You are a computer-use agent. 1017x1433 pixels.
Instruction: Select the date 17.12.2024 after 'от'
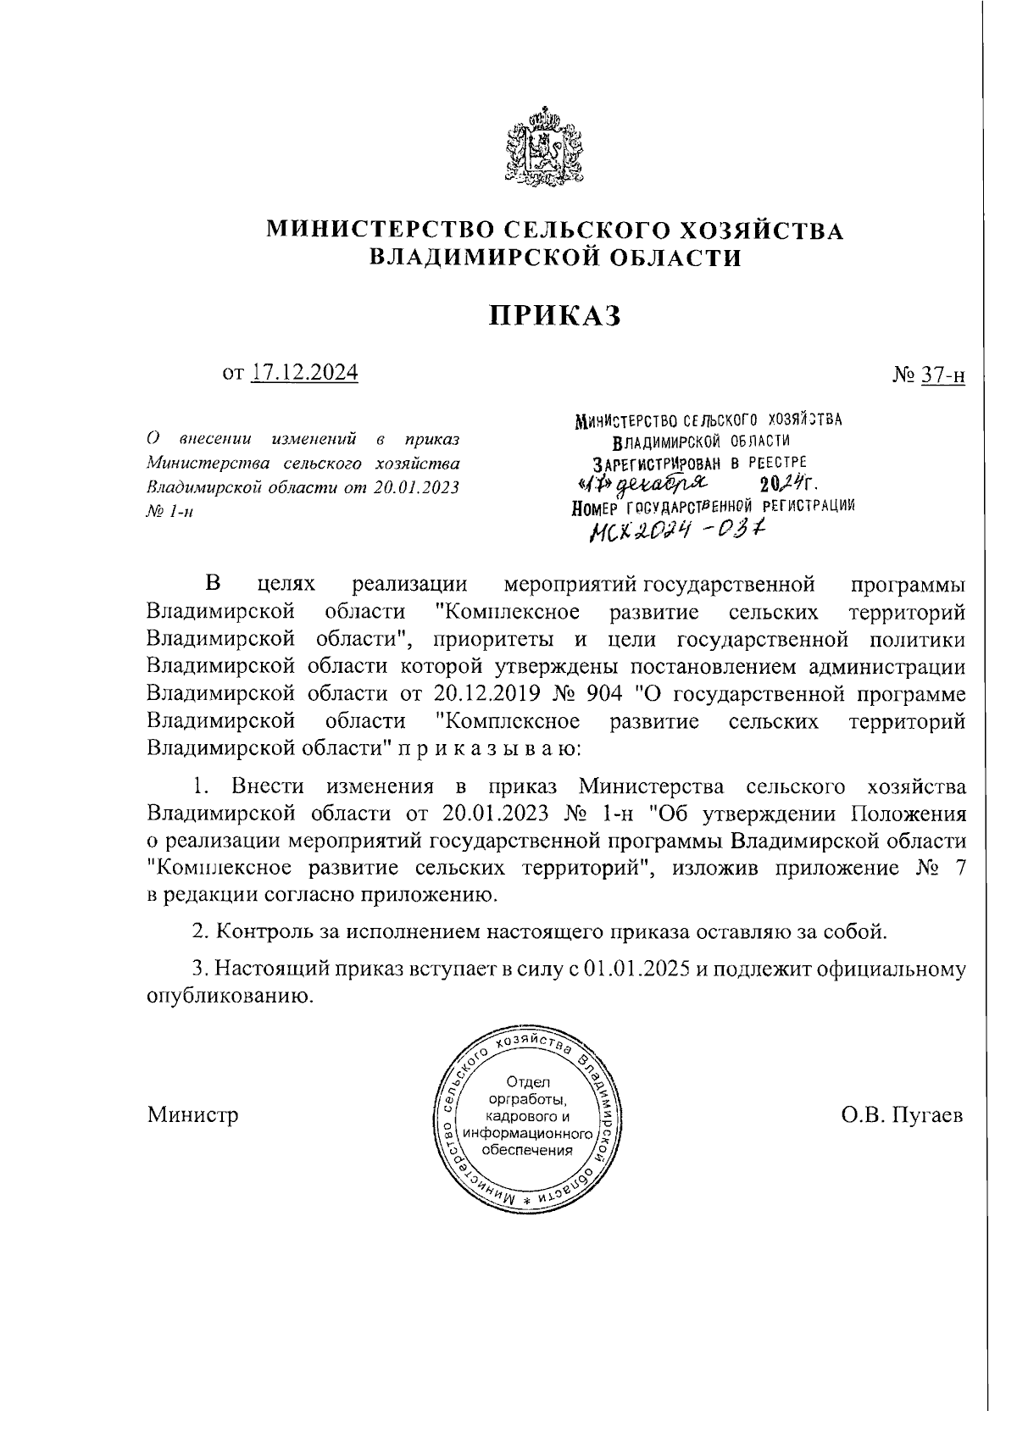pyautogui.click(x=304, y=372)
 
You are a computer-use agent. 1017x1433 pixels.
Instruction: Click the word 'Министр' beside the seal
pyautogui.click(x=192, y=1114)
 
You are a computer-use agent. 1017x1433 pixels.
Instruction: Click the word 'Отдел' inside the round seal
pyautogui.click(x=527, y=1082)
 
